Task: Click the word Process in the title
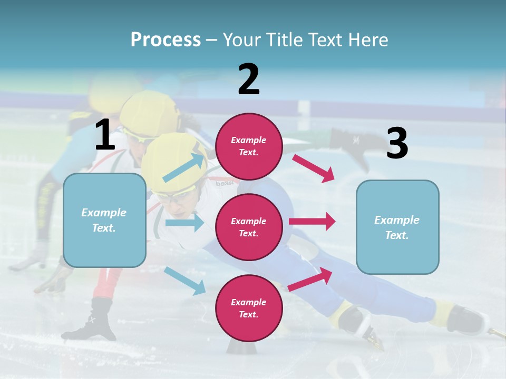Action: (x=166, y=39)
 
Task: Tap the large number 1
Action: (x=105, y=135)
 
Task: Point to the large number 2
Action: (x=249, y=79)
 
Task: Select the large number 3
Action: (x=397, y=144)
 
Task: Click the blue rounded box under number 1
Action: (x=104, y=220)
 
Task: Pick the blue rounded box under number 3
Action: (x=397, y=227)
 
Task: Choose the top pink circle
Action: (x=249, y=146)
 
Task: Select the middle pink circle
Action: (x=249, y=227)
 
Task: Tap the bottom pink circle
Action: (x=249, y=308)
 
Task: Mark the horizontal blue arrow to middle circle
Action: (x=184, y=223)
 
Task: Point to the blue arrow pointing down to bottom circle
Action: (x=185, y=281)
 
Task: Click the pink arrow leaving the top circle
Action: (x=314, y=168)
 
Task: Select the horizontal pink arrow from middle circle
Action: (x=312, y=221)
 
